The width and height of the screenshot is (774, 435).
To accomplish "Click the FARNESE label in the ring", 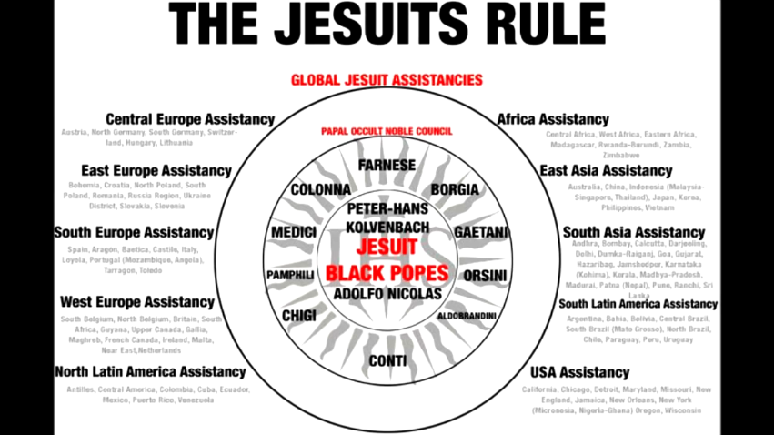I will click(387, 166).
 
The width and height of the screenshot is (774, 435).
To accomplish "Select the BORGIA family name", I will click(454, 189).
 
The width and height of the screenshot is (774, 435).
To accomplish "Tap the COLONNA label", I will click(320, 190).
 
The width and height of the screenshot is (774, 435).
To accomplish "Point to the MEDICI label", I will click(294, 232).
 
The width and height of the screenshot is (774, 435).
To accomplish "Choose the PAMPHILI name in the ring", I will click(290, 274).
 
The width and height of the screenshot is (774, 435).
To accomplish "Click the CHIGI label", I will click(299, 315).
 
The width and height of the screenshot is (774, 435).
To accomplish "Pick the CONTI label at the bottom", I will click(387, 361).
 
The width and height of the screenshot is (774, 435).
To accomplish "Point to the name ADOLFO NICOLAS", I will click(387, 294).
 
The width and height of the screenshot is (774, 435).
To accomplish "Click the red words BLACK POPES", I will click(387, 273).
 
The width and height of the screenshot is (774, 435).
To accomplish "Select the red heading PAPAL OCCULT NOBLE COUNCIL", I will click(387, 131).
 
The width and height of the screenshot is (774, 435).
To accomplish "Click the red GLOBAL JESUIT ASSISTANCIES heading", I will click(387, 80).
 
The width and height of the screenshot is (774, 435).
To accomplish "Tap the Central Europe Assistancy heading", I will click(190, 119).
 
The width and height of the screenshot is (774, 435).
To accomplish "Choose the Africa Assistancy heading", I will click(553, 119).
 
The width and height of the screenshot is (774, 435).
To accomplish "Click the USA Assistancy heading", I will click(580, 372).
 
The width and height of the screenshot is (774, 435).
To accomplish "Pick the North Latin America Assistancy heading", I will click(150, 371).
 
